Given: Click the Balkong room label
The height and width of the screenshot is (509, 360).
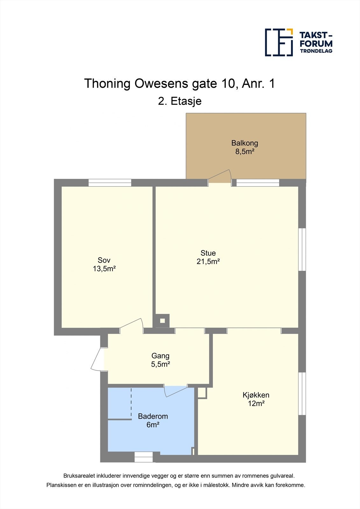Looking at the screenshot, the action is point(245,143).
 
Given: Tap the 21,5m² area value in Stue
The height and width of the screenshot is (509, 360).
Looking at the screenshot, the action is point(208,261).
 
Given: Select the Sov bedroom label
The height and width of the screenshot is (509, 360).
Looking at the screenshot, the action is point(104,260).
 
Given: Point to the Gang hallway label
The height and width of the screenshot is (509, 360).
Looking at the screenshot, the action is point(160,356).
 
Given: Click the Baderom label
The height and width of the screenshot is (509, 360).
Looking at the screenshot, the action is point(153,416).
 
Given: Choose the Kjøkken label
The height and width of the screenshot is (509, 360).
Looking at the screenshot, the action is point(256,395).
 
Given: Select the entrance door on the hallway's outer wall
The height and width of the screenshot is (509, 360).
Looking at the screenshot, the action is point(97,359).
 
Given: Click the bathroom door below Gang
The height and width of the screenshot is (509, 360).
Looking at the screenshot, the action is point(176,391).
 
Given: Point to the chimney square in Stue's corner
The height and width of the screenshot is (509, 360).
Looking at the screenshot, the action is point(162,321).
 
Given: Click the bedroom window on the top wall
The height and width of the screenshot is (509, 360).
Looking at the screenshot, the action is point(110,183).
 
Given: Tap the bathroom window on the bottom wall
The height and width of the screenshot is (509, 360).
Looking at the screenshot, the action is point(144,457).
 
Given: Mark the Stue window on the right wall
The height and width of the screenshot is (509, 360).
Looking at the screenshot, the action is point(302,249).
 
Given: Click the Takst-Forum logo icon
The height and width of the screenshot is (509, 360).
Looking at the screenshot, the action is point(279,42).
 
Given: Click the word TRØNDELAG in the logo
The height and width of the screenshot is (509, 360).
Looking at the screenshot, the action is point(316,51).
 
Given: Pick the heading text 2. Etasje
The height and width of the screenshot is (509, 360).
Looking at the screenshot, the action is point(180,101).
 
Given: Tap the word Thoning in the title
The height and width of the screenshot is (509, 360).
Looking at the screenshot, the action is point(107,83).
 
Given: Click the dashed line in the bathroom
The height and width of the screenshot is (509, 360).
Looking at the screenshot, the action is point(131,403).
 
